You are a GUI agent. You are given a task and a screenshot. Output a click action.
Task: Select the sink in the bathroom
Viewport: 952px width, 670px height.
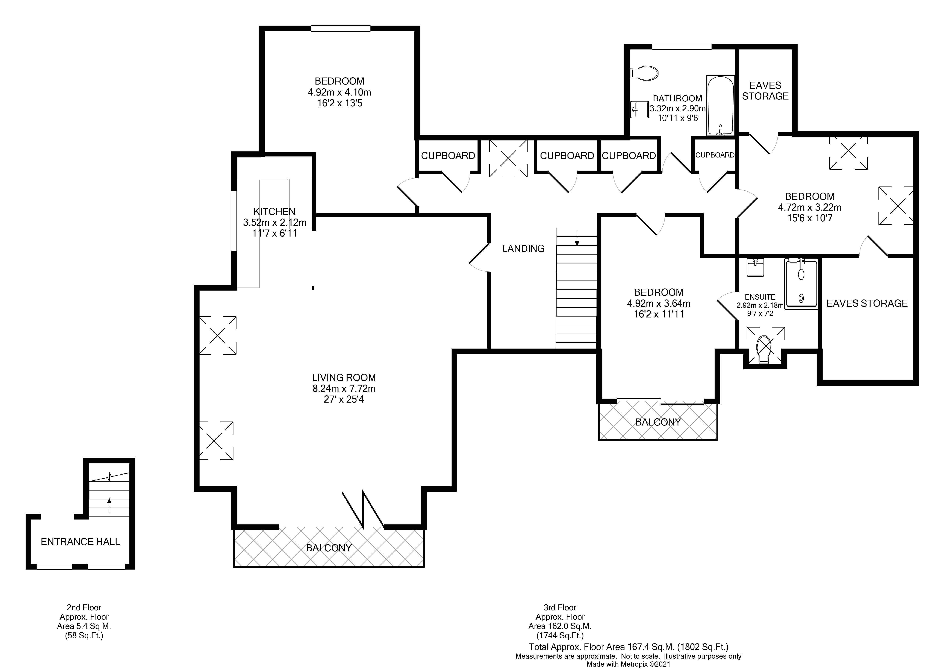639,110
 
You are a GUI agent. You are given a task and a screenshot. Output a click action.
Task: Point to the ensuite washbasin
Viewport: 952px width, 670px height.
755,267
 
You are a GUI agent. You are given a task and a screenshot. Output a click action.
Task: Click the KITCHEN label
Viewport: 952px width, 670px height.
275,212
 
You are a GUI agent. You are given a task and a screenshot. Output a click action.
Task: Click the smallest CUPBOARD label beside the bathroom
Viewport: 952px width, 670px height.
715,155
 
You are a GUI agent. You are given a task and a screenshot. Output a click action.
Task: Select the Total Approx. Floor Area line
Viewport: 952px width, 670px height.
629,647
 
